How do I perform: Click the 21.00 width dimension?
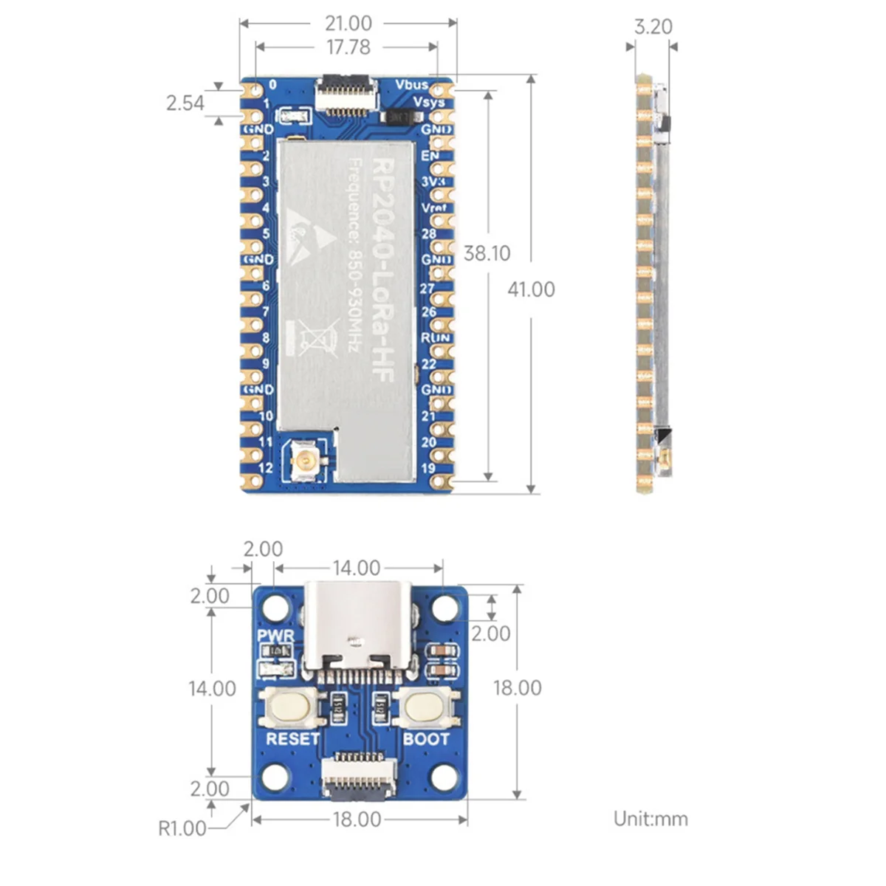pyautogui.click(x=348, y=24)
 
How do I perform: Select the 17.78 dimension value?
pyautogui.click(x=348, y=47)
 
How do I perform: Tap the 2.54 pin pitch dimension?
pyautogui.click(x=185, y=103)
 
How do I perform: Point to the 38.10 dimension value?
pyautogui.click(x=487, y=253)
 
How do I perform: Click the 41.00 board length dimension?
pyautogui.click(x=531, y=289)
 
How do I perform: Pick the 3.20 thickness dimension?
pyautogui.click(x=653, y=27)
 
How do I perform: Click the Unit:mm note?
pyautogui.click(x=650, y=819)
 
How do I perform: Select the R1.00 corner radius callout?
pyautogui.click(x=182, y=828)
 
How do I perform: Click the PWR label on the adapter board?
pyautogui.click(x=275, y=636)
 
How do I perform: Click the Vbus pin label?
pyautogui.click(x=411, y=85)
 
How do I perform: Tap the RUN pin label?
pyautogui.click(x=435, y=337)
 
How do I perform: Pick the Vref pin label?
pyautogui.click(x=433, y=207)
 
